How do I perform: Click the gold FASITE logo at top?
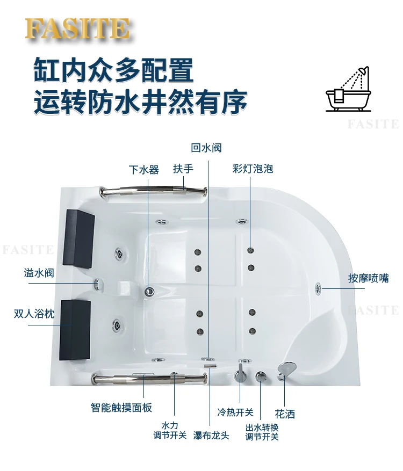click(77, 29)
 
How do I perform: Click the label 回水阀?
click(206, 148)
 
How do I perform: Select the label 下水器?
click(143, 170)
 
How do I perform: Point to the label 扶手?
click(183, 169)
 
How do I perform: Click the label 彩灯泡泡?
click(253, 169)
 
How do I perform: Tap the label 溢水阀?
click(39, 273)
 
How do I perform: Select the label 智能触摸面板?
click(121, 408)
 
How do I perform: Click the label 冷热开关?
click(235, 412)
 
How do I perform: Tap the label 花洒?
click(285, 414)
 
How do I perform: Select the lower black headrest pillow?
click(75, 321)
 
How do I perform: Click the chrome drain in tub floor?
click(149, 292)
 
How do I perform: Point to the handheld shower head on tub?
click(286, 369)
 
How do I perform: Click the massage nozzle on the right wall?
click(319, 288)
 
